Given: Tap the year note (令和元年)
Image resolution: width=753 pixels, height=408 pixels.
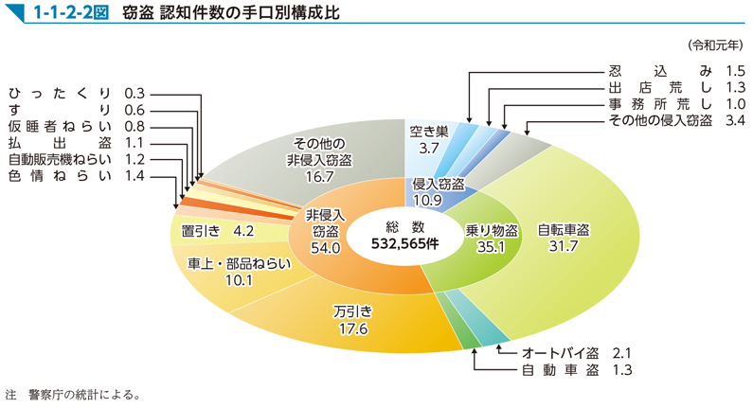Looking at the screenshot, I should (716, 44).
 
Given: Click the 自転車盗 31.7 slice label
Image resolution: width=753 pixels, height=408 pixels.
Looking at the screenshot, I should (564, 239).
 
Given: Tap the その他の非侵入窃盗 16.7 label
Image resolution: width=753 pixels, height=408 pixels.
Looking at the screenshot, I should (319, 154).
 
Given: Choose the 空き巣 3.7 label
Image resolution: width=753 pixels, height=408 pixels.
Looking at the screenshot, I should (428, 139).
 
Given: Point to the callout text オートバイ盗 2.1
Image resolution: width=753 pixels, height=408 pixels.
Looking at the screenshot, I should (577, 352).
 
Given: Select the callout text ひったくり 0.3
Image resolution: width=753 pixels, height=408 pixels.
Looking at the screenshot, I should (75, 93).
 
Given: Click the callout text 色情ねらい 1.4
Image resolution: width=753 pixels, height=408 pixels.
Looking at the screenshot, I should (75, 176).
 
